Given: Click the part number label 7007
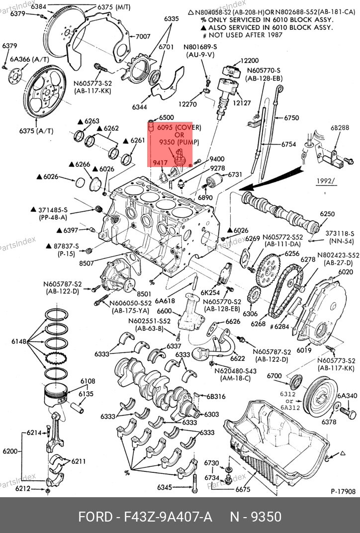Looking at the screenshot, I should pyautogui.click(x=143, y=36).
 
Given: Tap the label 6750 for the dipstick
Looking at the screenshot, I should pyautogui.click(x=291, y=118).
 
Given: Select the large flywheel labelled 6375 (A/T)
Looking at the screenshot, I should pyautogui.click(x=44, y=91).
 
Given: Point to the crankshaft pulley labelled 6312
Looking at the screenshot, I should pyautogui.click(x=321, y=393).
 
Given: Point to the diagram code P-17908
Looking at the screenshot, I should pyautogui.click(x=343, y=492).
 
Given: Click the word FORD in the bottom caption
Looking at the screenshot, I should pyautogui.click(x=95, y=517).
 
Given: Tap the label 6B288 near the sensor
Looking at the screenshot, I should pyautogui.click(x=340, y=128).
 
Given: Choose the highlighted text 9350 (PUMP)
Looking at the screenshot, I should pyautogui.click(x=179, y=142).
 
